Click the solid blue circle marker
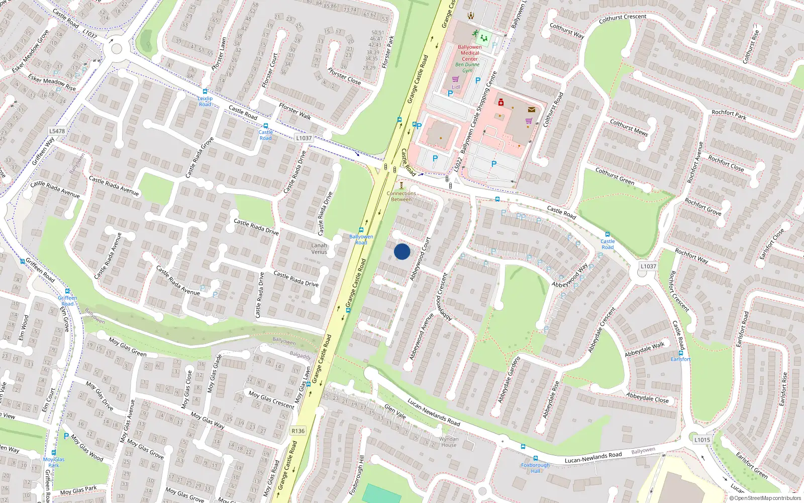402,251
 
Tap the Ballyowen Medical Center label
470,53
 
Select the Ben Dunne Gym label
467,67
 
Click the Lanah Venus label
319,249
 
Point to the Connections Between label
401,196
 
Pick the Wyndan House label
449,442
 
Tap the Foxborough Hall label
535,468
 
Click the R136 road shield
298,431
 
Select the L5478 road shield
57,131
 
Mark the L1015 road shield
702,440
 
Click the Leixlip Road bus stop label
205,101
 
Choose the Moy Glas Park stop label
54,462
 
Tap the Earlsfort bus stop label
680,359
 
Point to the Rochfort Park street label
729,115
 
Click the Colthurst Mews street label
629,128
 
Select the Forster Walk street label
295,112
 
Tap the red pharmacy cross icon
500,103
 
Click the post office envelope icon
531,109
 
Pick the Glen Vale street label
395,411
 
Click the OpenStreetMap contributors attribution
765,498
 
